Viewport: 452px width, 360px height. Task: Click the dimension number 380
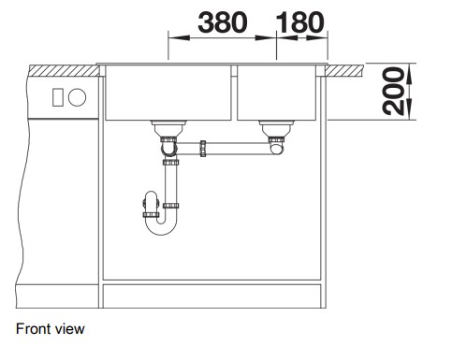pyautogui.click(x=223, y=22)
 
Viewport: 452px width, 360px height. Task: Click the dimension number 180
pyautogui.click(x=300, y=22)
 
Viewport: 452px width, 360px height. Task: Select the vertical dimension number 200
pyautogui.click(x=393, y=91)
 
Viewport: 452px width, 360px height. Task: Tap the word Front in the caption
pyautogui.click(x=33, y=329)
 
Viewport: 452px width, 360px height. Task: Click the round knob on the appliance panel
pyautogui.click(x=77, y=97)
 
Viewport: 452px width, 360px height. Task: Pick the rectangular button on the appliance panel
pyautogui.click(x=58, y=97)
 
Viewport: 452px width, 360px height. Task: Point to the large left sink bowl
pyautogui.click(x=168, y=93)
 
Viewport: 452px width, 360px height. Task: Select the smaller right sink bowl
pyautogui.click(x=276, y=93)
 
